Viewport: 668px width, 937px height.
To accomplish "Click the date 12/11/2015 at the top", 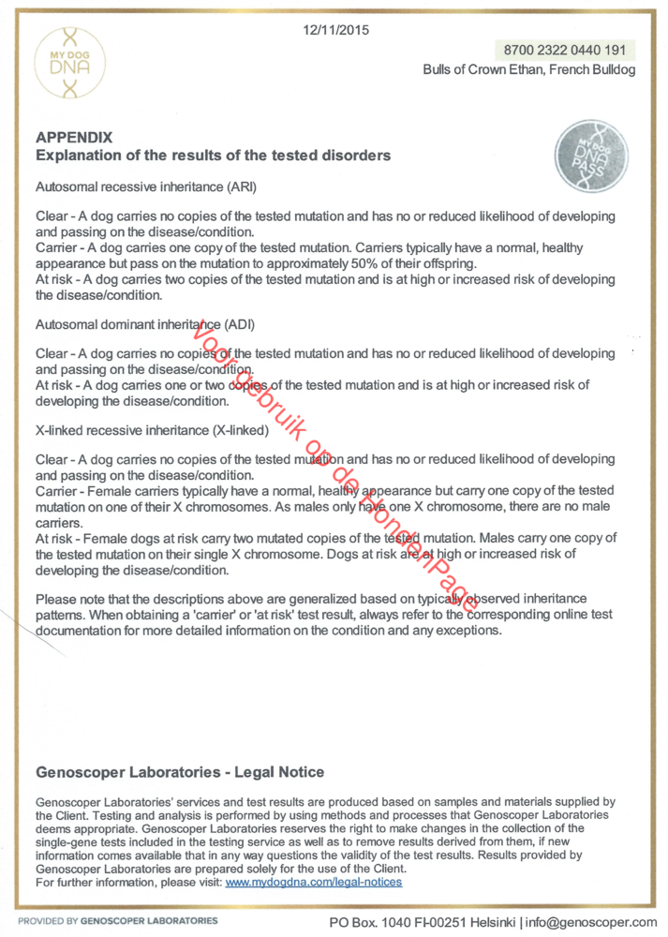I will point(336,30).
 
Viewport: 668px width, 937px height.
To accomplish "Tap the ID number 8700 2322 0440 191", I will point(563,50).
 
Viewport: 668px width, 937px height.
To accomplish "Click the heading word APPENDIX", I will point(74,138).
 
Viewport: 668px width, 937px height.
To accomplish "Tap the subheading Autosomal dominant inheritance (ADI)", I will point(145,324).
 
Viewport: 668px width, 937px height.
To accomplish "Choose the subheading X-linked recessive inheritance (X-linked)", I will point(152,430).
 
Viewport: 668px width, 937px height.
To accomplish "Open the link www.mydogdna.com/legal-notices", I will point(314,882).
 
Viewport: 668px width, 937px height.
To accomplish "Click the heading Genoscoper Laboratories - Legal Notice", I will point(180,772).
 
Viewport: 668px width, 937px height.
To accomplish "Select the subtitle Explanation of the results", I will point(213,155).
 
